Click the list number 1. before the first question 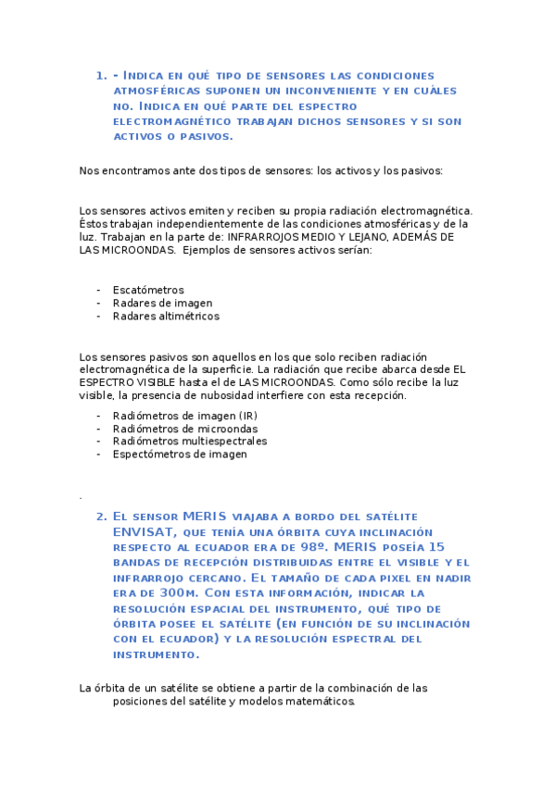tap(101, 76)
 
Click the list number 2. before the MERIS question tap(101, 517)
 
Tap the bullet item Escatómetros tap(148, 290)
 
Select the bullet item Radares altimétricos tap(166, 316)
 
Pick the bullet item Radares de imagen tap(162, 303)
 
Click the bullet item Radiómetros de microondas tap(185, 429)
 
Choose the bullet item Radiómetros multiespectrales tap(190, 442)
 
